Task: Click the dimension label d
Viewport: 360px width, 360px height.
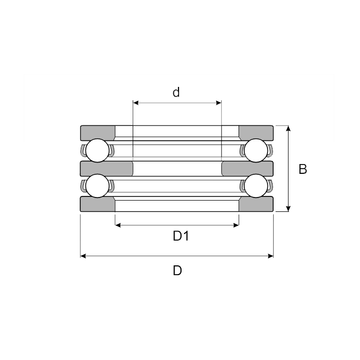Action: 176,92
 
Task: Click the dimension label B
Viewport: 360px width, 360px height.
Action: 302,169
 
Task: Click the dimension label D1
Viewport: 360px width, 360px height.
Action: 181,236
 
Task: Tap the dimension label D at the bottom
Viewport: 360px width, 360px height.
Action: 177,270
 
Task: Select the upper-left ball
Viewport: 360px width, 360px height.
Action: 97,150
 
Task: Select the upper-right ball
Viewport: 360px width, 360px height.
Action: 256,150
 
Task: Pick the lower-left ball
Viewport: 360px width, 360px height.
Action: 97,186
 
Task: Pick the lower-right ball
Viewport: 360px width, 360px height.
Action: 256,186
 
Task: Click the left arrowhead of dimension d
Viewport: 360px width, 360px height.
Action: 136,103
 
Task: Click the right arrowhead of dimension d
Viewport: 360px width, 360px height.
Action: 219,103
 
